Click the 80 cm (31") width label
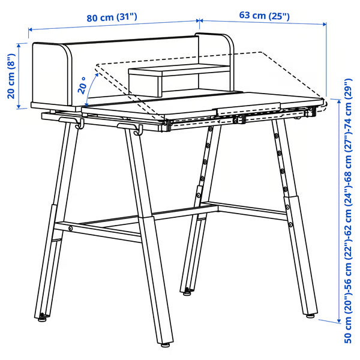[x=112, y=17]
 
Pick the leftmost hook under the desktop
[x=79, y=125]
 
